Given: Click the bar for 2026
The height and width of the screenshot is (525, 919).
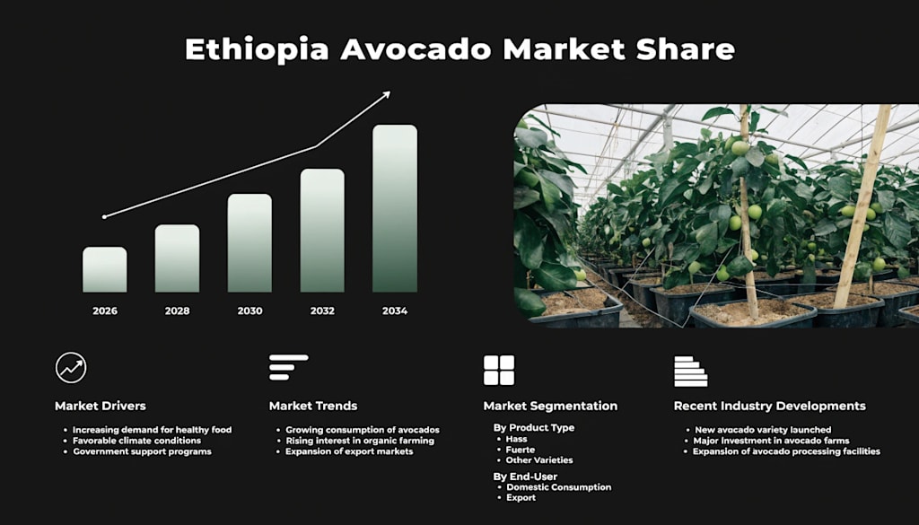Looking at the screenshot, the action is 104,269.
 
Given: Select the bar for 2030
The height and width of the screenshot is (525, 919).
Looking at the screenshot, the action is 249,243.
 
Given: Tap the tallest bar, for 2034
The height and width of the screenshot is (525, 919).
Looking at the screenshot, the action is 395,208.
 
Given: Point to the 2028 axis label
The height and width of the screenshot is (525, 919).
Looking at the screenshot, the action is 177,311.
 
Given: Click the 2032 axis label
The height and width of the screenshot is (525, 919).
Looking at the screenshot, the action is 322,311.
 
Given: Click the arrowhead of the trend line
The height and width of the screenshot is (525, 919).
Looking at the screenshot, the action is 386,94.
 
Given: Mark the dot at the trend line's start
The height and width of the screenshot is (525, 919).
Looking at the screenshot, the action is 104,217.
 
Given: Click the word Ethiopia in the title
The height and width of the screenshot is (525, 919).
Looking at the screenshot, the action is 257,49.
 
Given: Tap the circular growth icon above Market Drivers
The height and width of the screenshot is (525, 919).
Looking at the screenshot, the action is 71,368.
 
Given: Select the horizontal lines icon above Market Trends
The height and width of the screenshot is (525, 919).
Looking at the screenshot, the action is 288,367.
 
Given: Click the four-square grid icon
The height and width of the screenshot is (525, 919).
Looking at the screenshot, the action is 499,371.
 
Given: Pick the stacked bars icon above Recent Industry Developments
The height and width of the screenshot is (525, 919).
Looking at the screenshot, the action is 690,372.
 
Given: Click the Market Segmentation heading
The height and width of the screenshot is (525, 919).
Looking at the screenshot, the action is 550,406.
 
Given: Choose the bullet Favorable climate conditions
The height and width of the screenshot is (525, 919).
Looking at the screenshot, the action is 136,441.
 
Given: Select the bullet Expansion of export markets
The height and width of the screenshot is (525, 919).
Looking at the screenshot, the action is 349,451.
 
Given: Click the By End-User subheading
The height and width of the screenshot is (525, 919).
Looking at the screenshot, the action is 525,477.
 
